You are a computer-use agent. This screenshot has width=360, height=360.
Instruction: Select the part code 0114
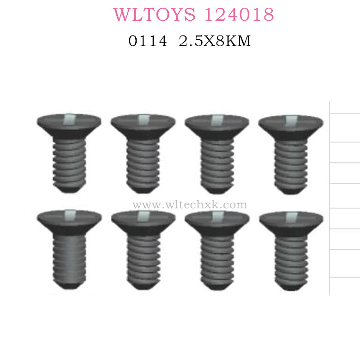(x=148, y=42)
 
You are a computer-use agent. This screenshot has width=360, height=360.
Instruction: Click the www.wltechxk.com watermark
(x=189, y=204)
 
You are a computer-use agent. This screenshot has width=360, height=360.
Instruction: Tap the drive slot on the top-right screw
(x=291, y=120)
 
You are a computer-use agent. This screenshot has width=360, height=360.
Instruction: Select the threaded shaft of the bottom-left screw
(x=69, y=256)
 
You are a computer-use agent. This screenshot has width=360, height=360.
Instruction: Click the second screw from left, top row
(x=143, y=152)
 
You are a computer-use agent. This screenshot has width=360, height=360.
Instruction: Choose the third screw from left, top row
(x=217, y=152)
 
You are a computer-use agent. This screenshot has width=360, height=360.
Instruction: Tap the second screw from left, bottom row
(x=143, y=249)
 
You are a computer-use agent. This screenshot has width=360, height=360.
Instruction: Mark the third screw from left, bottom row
(x=217, y=249)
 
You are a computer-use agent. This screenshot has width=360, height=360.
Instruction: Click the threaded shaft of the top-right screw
(x=291, y=162)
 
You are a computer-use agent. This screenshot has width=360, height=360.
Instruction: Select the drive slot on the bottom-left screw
(x=69, y=214)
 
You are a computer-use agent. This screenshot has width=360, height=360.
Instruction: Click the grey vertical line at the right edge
(x=330, y=198)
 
